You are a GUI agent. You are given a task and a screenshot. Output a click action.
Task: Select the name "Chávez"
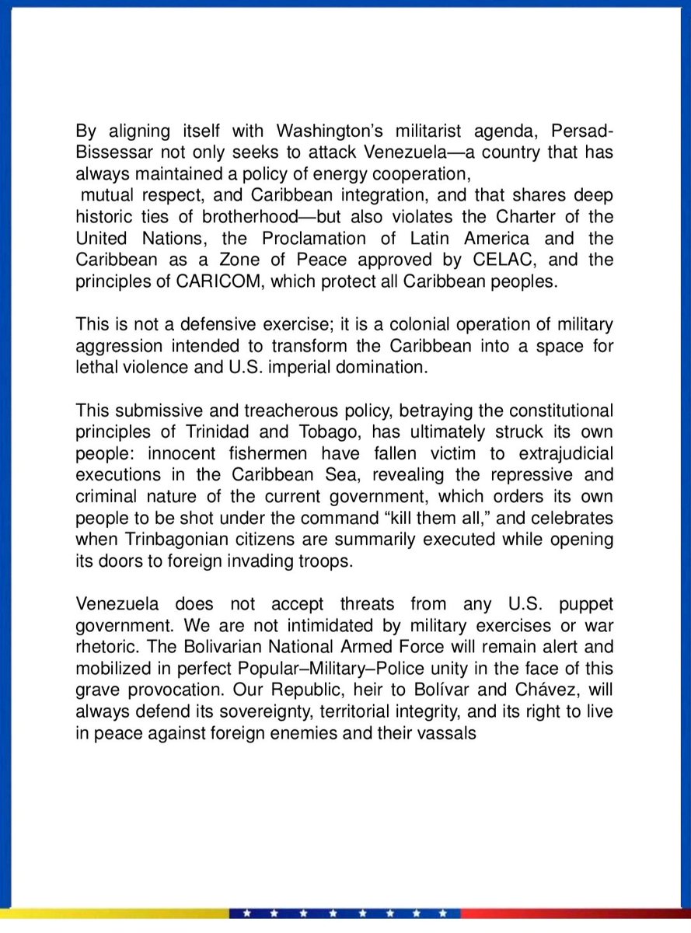pyautogui.click(x=480, y=689)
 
